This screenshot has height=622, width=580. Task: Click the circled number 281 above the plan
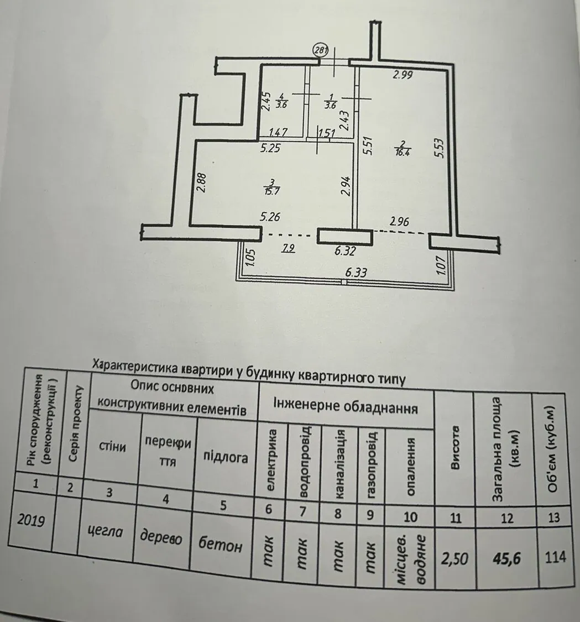pyautogui.click(x=321, y=50)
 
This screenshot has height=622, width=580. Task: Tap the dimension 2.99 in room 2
pyautogui.click(x=403, y=75)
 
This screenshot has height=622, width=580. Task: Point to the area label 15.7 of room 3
pyautogui.click(x=271, y=190)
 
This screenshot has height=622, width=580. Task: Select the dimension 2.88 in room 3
pyautogui.click(x=201, y=183)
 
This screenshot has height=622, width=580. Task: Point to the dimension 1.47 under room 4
pyautogui.click(x=279, y=133)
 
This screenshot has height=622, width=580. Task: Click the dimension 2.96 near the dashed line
pyautogui.click(x=400, y=222)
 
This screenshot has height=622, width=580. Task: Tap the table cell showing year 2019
pyautogui.click(x=32, y=520)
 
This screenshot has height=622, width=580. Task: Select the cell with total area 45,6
pyautogui.click(x=506, y=555)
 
